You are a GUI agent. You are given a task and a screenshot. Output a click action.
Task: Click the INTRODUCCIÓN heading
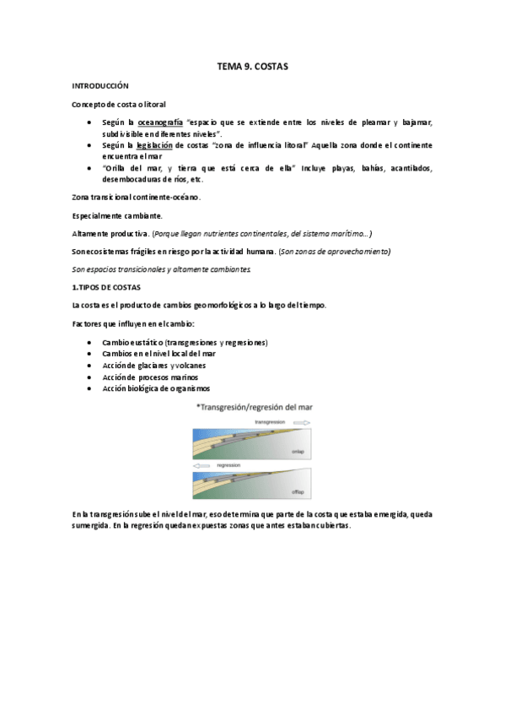click(x=99, y=85)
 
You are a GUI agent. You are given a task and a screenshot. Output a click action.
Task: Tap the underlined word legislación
click(x=160, y=145)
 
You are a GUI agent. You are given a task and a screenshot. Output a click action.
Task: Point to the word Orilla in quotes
click(x=118, y=168)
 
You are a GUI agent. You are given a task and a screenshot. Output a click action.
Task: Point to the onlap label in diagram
click(x=297, y=452)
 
